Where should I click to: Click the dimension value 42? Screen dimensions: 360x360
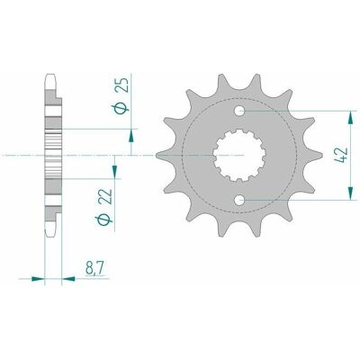click(x=341, y=155)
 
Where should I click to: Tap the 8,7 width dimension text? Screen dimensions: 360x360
click(x=94, y=268)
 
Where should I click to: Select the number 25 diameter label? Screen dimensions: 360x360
click(x=121, y=84)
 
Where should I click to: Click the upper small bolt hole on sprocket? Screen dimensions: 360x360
click(x=239, y=111)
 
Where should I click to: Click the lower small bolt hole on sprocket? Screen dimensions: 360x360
click(x=239, y=200)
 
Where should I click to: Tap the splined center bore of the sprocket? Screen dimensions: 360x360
click(x=239, y=155)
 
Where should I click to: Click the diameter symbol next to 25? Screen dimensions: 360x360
click(x=121, y=108)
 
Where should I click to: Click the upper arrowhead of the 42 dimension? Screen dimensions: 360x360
click(x=350, y=118)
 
